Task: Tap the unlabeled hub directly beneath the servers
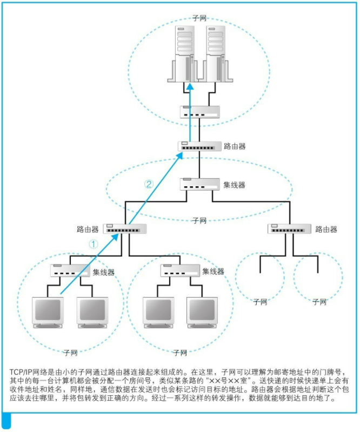tap(199, 112)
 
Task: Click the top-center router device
tap(199, 146)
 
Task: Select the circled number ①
tap(93, 244)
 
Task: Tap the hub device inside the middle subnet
tap(199, 184)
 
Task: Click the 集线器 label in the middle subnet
tap(235, 185)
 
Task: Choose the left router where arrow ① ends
tap(125, 229)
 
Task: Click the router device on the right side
tap(290, 229)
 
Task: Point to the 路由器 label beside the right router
tap(326, 229)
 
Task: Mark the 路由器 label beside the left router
tap(88, 229)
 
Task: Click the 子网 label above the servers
tap(199, 18)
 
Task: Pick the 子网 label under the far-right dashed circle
tap(319, 302)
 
